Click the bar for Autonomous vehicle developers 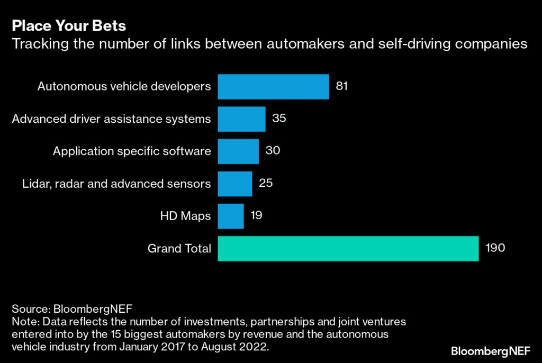(273, 86)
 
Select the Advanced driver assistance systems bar (241, 119)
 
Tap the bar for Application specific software (238, 151)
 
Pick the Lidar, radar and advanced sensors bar (235, 184)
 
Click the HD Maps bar (231, 216)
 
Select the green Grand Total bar (348, 248)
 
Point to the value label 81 (342, 86)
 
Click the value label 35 (279, 118)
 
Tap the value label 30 (273, 151)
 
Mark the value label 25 (266, 183)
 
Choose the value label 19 (257, 215)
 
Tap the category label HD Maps (185, 216)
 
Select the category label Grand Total (179, 248)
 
